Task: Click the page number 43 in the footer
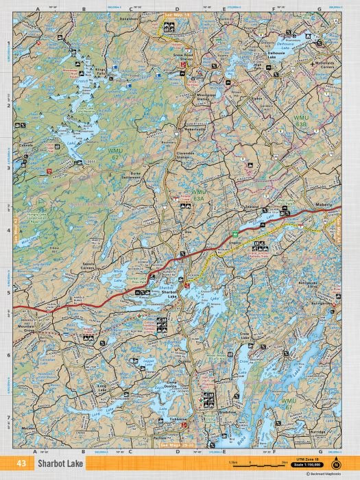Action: [22, 464]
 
